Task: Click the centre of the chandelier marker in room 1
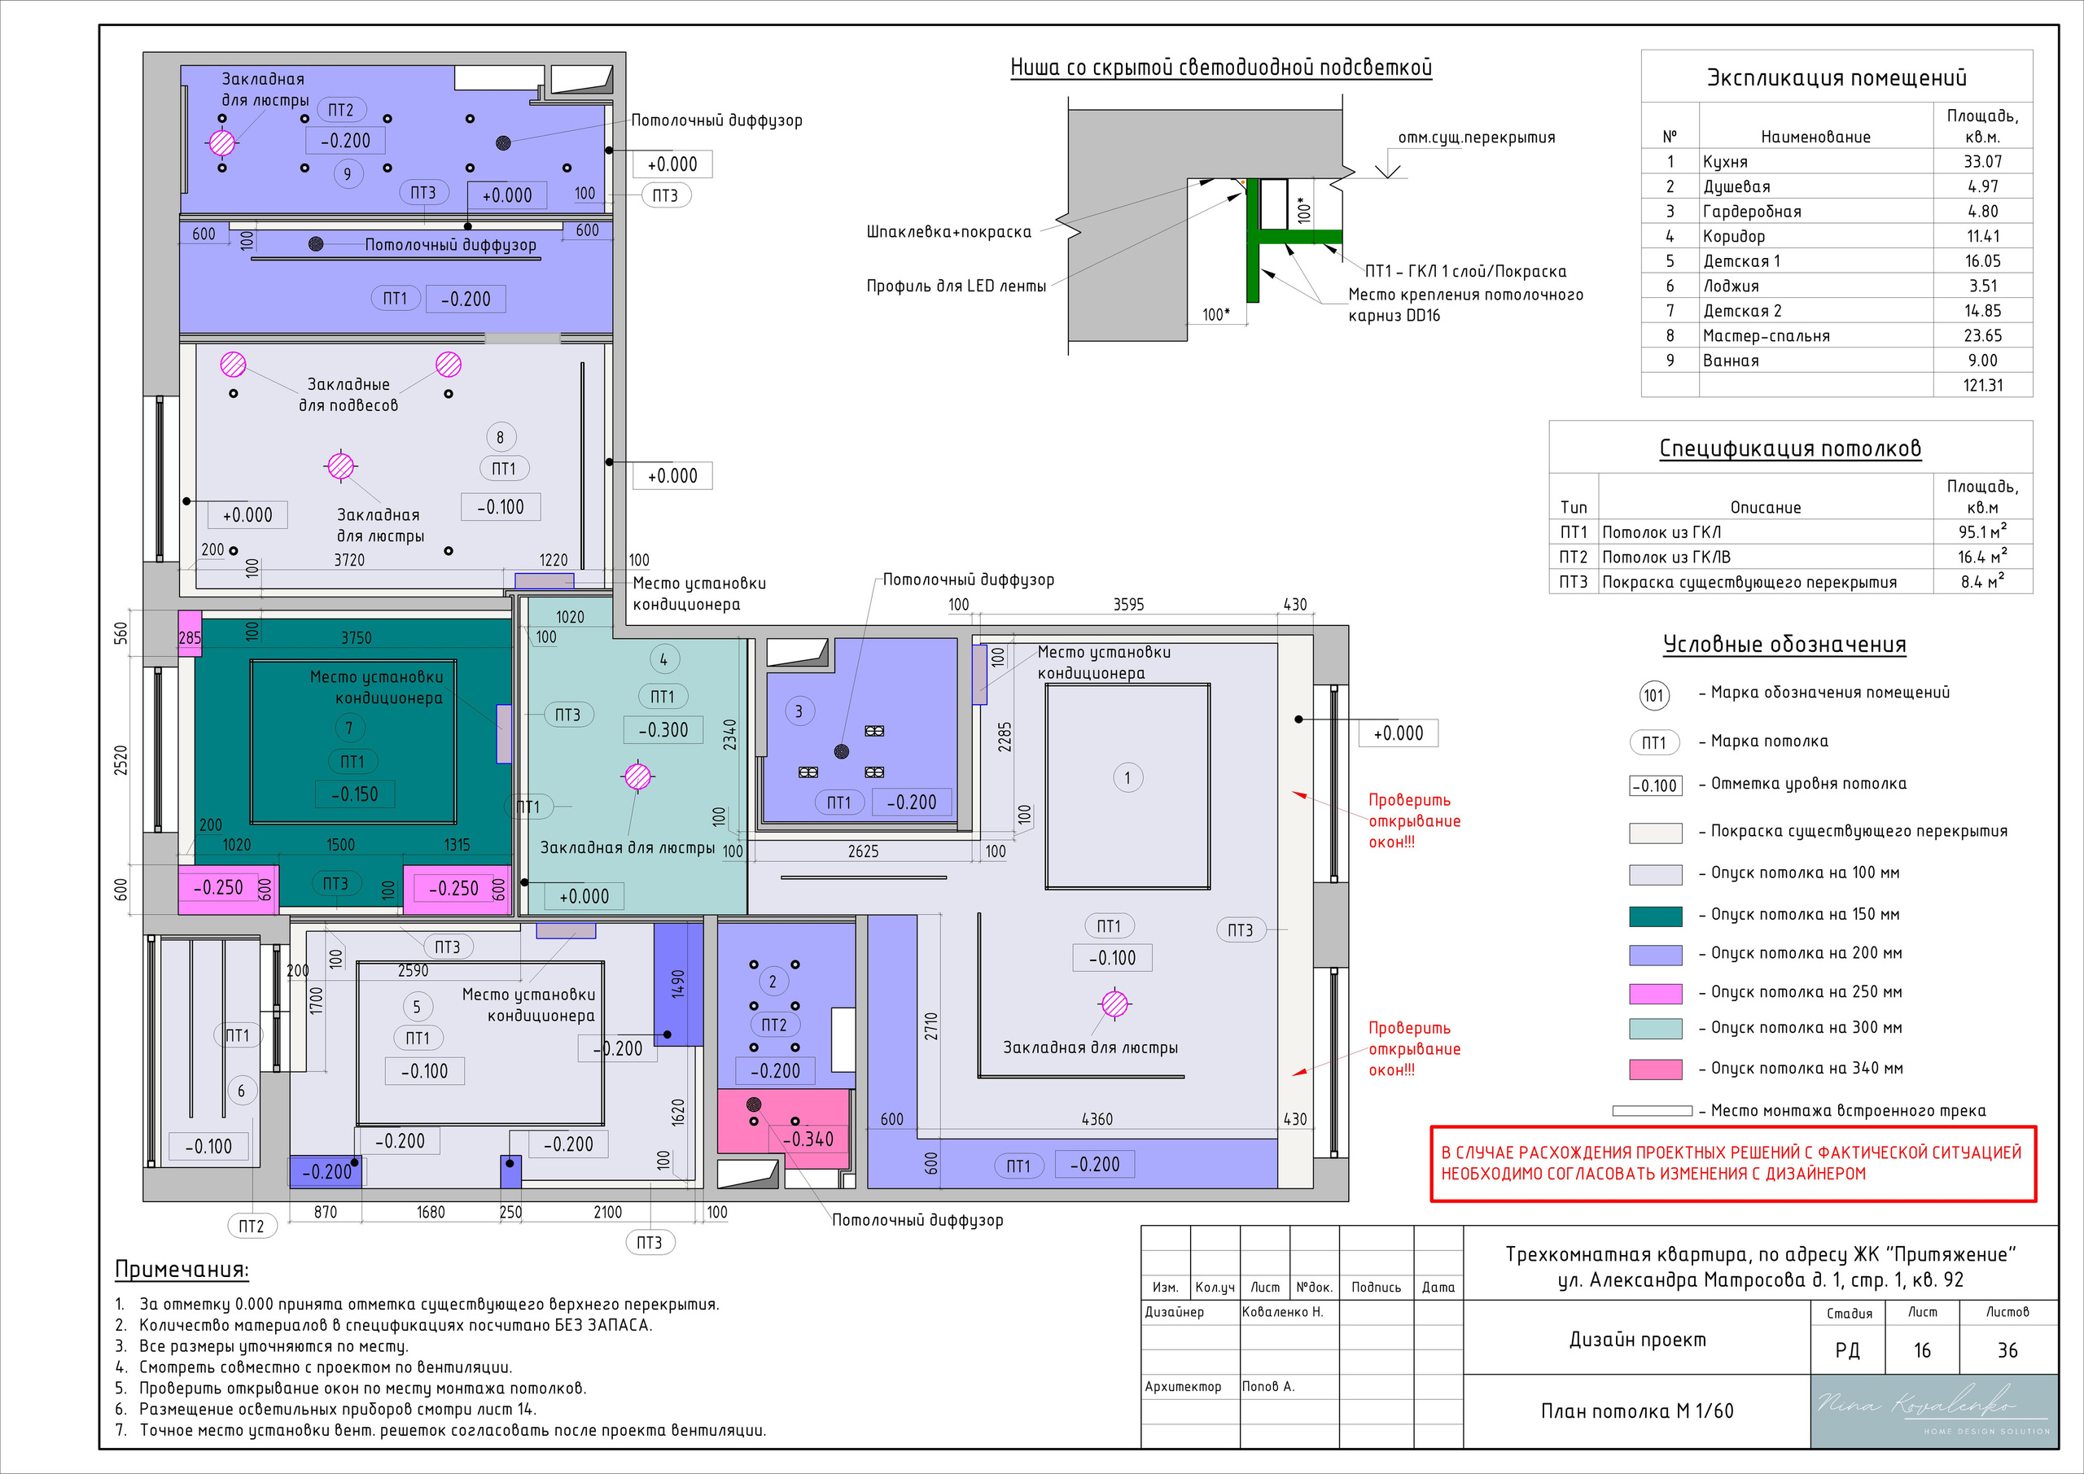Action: (1114, 1004)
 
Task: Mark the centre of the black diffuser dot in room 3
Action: (842, 751)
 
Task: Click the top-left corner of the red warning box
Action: (1431, 1127)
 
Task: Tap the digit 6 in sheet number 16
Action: (1927, 1350)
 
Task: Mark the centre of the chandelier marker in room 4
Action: (638, 776)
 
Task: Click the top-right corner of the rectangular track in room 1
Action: (1210, 685)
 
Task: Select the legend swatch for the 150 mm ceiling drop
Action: (1656, 916)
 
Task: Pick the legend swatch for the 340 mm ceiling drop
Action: (1656, 1069)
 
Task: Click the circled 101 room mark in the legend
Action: (1653, 696)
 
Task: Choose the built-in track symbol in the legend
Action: (1652, 1111)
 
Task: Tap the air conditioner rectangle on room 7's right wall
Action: (504, 733)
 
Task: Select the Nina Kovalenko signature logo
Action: (1933, 1411)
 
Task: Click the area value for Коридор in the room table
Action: (1982, 236)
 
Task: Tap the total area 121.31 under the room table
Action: (1982, 385)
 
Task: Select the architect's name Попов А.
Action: (1268, 1386)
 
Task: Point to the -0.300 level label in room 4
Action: (663, 730)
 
